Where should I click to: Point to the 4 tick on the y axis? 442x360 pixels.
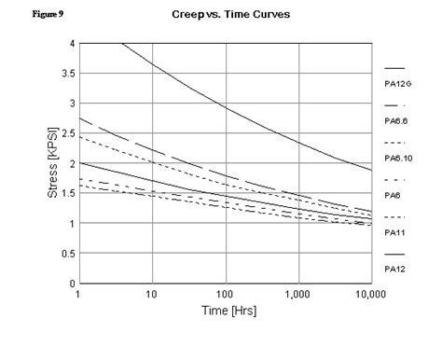click(71, 44)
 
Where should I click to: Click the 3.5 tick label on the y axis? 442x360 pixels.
click(67, 74)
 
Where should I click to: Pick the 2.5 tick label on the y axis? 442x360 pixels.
click(67, 133)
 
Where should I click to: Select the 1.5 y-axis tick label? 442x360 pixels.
click(67, 193)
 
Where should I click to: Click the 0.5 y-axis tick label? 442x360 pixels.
click(67, 253)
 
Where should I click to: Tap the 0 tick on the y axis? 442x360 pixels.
click(71, 283)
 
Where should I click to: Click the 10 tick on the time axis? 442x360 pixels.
click(151, 294)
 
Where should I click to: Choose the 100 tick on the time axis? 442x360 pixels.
click(225, 294)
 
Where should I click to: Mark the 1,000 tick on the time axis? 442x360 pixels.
click(297, 294)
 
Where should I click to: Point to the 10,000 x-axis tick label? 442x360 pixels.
click(370, 294)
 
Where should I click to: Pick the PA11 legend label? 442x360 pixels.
click(394, 231)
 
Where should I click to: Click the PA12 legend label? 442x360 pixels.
click(394, 269)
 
